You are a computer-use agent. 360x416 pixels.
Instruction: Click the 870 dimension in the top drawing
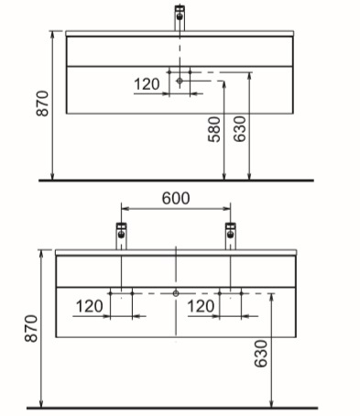(x=42, y=104)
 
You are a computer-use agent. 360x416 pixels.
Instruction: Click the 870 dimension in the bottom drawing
(x=31, y=328)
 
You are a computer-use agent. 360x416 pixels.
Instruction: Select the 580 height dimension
(x=214, y=129)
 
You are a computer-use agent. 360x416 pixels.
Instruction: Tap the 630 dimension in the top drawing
(x=240, y=129)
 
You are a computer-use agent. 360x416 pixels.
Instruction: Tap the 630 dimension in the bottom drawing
(x=261, y=354)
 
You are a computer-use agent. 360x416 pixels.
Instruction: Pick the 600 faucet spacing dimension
(x=176, y=198)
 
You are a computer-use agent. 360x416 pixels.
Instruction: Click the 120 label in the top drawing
(x=147, y=84)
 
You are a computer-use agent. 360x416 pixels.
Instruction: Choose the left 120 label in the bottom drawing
(x=89, y=306)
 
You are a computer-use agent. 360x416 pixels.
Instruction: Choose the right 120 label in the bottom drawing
(x=201, y=306)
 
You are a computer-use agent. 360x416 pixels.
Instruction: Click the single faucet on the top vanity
(x=180, y=17)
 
